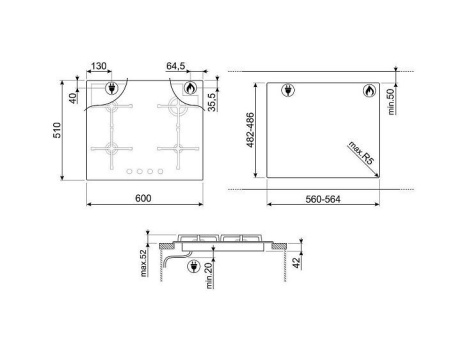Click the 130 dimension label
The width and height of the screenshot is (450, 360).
pyautogui.click(x=99, y=66)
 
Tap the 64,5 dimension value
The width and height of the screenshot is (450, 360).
pyautogui.click(x=176, y=66)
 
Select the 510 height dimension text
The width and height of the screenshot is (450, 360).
pyautogui.click(x=57, y=130)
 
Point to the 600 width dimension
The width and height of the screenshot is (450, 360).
pyautogui.click(x=143, y=198)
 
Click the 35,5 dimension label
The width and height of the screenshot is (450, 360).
pyautogui.click(x=212, y=102)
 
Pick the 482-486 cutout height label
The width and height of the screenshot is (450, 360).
pyautogui.click(x=250, y=130)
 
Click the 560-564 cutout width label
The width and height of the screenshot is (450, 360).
pyautogui.click(x=323, y=199)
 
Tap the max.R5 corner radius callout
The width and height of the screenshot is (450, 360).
pyautogui.click(x=361, y=153)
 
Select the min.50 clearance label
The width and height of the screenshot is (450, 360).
pyautogui.click(x=391, y=101)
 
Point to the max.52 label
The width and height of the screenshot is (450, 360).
pyautogui.click(x=144, y=263)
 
